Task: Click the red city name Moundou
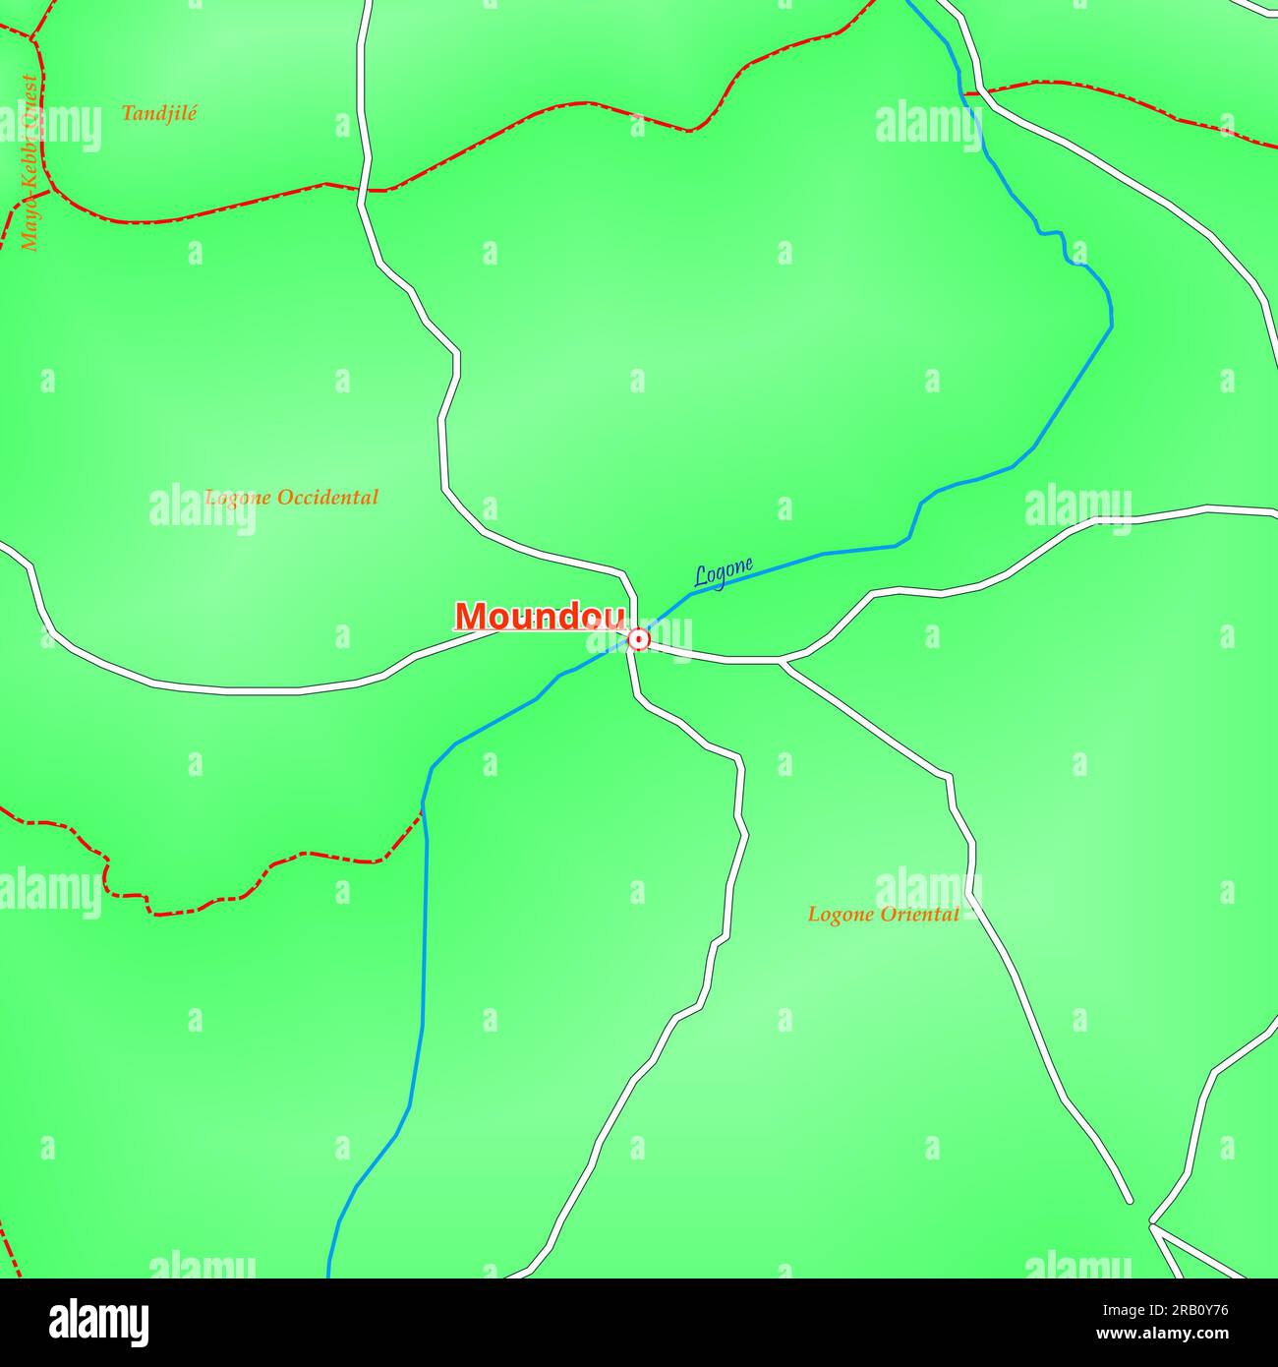(540, 617)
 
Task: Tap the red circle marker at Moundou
(639, 640)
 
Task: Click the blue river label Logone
(724, 572)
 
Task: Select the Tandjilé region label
(159, 113)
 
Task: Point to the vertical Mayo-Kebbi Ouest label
(29, 162)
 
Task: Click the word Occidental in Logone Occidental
(327, 498)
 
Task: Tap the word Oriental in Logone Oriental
(919, 915)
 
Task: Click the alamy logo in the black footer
(99, 1323)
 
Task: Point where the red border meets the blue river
(423, 808)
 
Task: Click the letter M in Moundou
(471, 617)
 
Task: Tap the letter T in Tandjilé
(127, 113)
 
